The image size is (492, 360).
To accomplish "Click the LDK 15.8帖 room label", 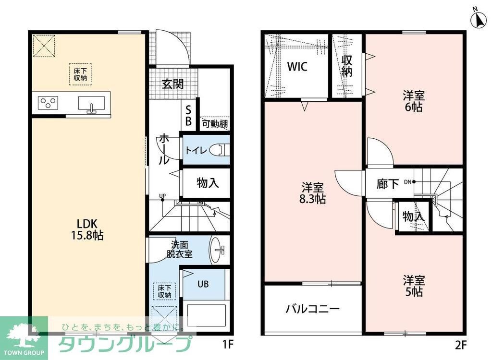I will tap(88, 229).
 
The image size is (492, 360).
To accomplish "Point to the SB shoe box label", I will tap(189, 116).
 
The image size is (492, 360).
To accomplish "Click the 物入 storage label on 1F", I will tap(208, 182).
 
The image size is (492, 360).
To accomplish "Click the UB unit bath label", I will tap(203, 284).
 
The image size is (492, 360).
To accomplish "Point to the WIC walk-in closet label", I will tap(297, 67).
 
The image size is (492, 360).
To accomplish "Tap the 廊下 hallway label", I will tap(387, 183).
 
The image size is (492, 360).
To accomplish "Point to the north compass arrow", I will tap(478, 20).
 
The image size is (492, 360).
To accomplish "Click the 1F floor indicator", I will tap(228, 344).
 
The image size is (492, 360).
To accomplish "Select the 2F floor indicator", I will tap(461, 344).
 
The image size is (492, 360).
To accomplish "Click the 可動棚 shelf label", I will tap(214, 124).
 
